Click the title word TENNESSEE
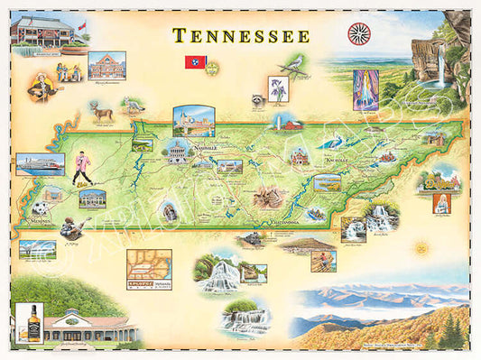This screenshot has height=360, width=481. point(241,35)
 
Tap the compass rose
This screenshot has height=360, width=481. point(358,33)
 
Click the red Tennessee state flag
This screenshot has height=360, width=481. point(192,62)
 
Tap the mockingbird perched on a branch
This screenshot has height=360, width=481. point(292,63)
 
